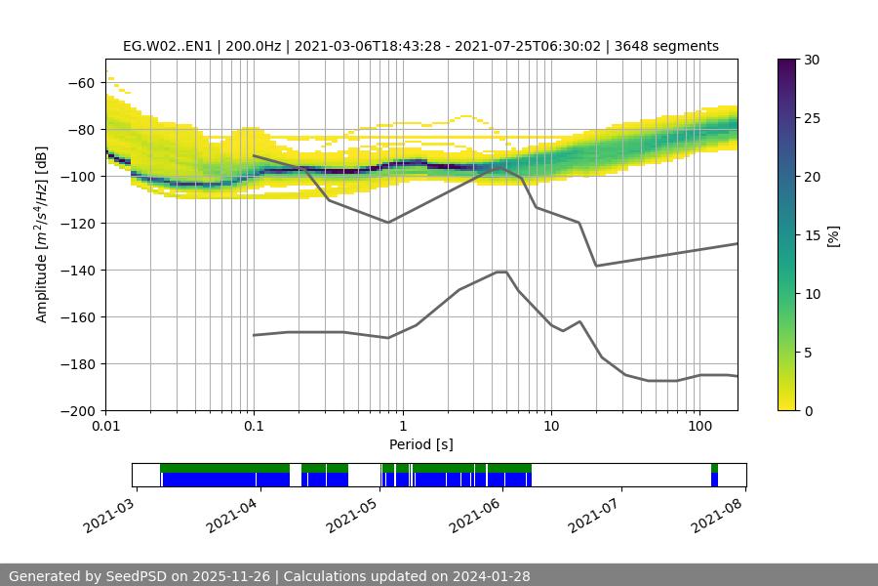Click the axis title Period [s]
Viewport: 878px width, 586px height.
(420, 445)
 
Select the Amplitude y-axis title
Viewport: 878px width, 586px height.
(42, 234)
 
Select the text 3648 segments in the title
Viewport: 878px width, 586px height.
(667, 46)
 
